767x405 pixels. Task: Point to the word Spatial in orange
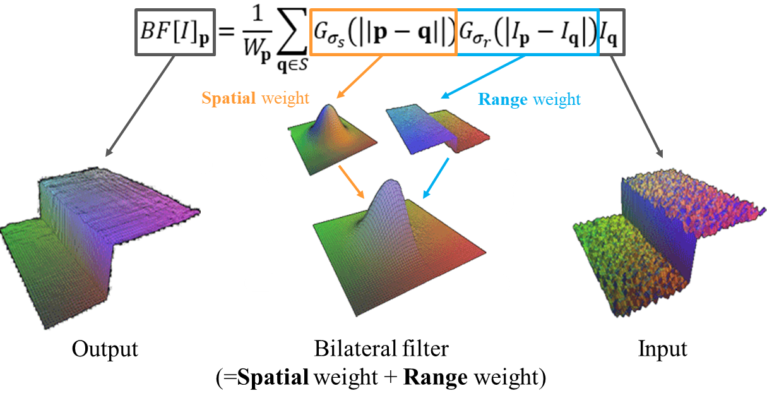(229, 99)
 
